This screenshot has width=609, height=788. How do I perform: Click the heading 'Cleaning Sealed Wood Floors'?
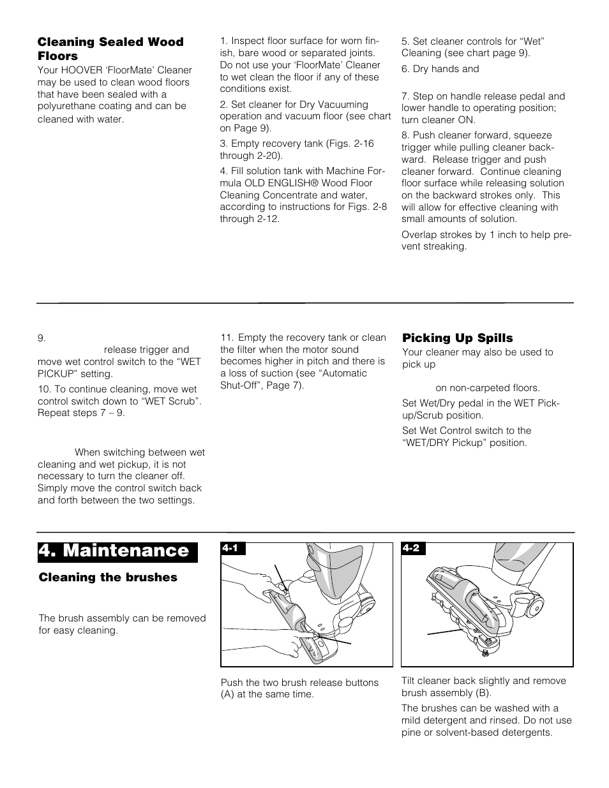click(110, 48)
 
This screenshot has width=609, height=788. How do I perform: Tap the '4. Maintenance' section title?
click(117, 551)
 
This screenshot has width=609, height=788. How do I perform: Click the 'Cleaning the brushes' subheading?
click(108, 577)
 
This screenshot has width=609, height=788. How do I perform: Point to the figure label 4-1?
click(229, 549)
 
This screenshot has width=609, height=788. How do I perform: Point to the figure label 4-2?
click(410, 549)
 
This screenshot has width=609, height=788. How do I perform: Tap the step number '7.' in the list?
click(405, 96)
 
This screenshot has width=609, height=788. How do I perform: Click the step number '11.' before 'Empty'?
click(227, 338)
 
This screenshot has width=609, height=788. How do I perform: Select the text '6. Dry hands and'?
click(440, 69)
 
